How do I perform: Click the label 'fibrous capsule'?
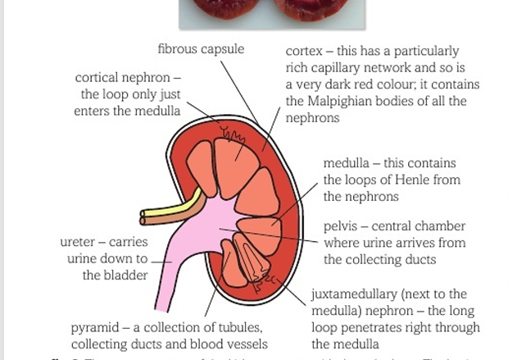click(x=201, y=49)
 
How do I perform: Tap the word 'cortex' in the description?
click(x=303, y=52)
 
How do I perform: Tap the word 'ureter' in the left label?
click(x=79, y=243)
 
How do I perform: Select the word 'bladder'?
click(x=126, y=276)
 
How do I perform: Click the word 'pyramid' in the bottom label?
click(x=95, y=328)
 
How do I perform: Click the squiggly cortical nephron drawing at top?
click(x=233, y=133)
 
